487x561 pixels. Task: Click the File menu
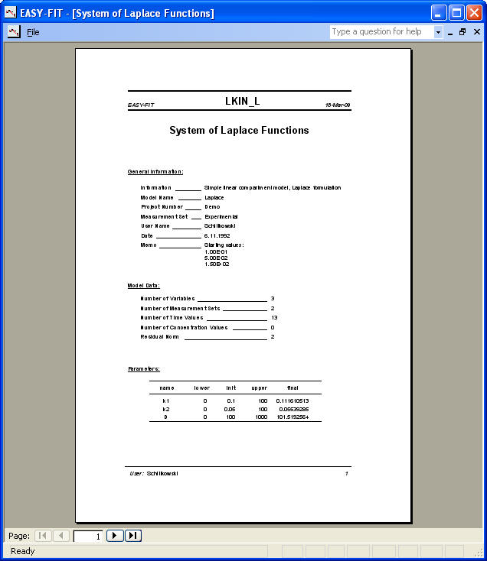point(33,32)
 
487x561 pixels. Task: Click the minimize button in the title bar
point(440,12)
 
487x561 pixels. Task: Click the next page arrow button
point(115,536)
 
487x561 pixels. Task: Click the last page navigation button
point(133,536)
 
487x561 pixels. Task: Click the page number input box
point(88,536)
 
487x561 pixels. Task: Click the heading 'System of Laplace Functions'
point(239,131)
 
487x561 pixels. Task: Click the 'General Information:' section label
point(155,172)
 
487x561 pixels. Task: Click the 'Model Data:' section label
point(144,285)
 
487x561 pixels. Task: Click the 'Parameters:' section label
point(144,369)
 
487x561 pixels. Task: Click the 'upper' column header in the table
point(260,388)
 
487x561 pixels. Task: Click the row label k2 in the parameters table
point(166,409)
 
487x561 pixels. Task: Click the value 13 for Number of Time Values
point(274,317)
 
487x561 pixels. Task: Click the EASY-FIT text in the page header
point(141,105)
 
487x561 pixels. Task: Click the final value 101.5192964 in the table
point(293,417)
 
